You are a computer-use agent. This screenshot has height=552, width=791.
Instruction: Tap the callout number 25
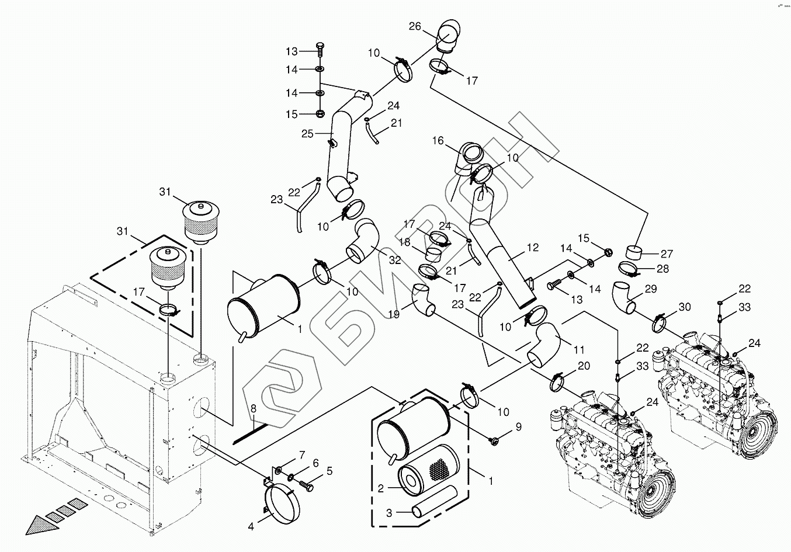[x=307, y=134]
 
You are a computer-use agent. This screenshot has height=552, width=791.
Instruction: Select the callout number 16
[x=438, y=141]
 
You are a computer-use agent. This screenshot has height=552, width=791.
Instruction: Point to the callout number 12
[x=533, y=248]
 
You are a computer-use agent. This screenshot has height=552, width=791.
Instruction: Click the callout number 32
[x=395, y=260]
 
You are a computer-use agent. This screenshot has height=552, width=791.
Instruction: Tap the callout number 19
[x=394, y=314]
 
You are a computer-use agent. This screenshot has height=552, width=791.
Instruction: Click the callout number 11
[x=579, y=350]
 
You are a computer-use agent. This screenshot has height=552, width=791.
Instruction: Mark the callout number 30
[x=685, y=307]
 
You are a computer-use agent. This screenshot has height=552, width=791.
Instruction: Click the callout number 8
[x=253, y=409]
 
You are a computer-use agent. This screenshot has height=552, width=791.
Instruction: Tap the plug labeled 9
[x=494, y=440]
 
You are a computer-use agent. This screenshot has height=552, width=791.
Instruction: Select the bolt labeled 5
[x=307, y=485]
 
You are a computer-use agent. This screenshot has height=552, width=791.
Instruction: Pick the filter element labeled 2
[x=428, y=466]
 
